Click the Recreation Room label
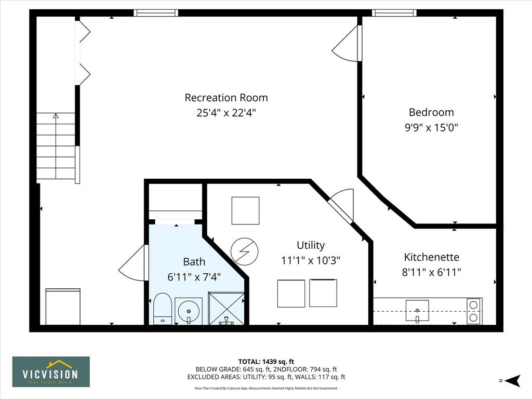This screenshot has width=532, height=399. point(226,98)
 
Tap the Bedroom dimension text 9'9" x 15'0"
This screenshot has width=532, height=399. point(431,128)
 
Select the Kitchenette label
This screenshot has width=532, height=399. point(431,257)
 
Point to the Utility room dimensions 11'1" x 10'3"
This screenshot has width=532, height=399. point(311,260)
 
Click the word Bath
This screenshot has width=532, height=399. point(194,262)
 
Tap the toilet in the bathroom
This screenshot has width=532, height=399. point(162,309)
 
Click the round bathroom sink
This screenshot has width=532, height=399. point(189,311)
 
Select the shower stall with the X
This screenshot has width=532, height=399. point(226,308)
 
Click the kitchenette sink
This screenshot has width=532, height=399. point(417,311)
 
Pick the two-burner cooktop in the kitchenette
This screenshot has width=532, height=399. point(473,311)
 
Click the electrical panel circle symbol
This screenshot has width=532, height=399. point(244,251)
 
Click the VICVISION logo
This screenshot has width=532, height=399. point(51,371)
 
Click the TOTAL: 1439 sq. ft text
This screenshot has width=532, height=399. point(266,362)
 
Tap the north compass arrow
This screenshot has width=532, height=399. point(513,380)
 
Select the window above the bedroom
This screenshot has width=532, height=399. point(394,13)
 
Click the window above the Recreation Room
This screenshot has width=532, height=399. point(156,13)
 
